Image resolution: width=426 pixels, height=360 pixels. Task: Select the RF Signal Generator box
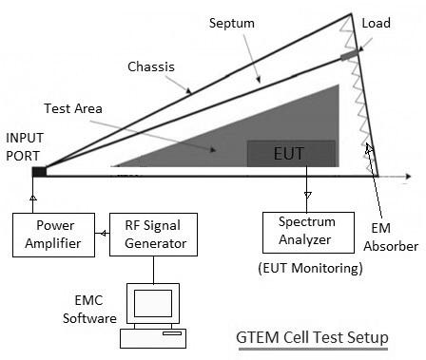point(154,234)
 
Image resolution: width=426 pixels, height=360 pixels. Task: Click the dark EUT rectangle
point(291,154)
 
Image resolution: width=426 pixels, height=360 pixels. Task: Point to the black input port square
point(39,172)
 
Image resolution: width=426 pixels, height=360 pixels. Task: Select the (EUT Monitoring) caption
point(310,269)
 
